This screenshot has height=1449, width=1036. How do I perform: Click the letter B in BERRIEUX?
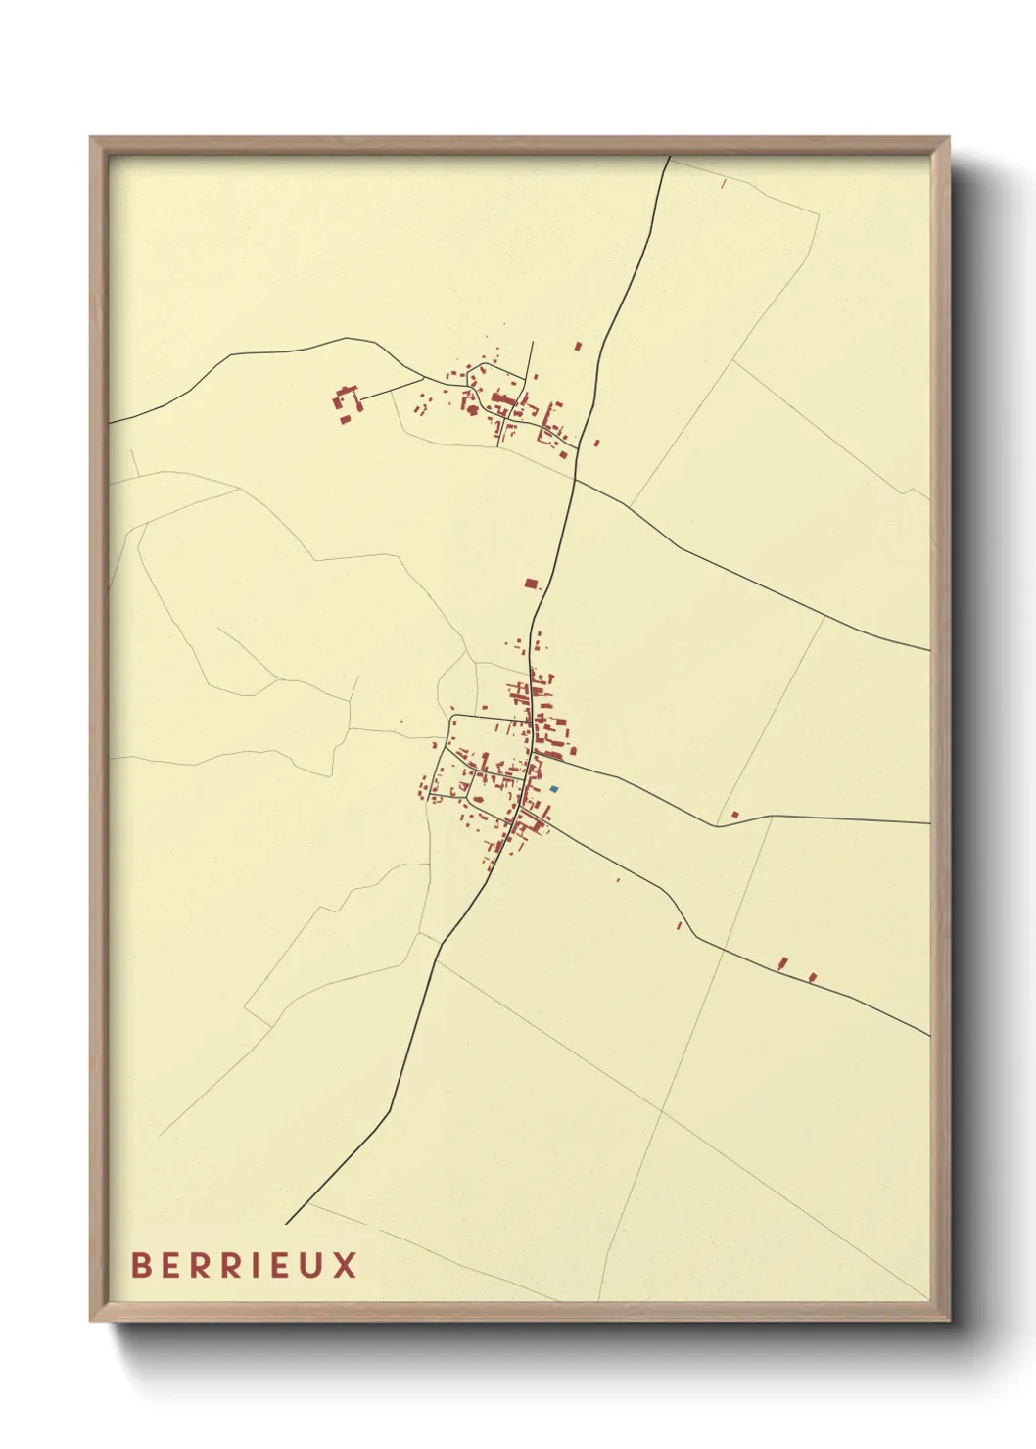[141, 1265]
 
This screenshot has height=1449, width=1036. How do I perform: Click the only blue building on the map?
[554, 789]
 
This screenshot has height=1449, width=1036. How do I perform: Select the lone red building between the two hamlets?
[531, 584]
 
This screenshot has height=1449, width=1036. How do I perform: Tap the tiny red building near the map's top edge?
[724, 183]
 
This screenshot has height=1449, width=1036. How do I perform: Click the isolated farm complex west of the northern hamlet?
[345, 404]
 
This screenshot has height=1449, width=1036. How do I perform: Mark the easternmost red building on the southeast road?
[812, 976]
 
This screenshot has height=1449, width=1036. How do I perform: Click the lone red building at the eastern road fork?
[734, 815]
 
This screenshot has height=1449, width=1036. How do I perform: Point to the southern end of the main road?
[287, 1223]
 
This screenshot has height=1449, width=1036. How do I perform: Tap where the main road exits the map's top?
[669, 158]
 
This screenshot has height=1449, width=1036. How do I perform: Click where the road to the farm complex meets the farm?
[360, 398]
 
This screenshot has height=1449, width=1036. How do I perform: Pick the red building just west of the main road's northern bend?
[578, 347]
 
